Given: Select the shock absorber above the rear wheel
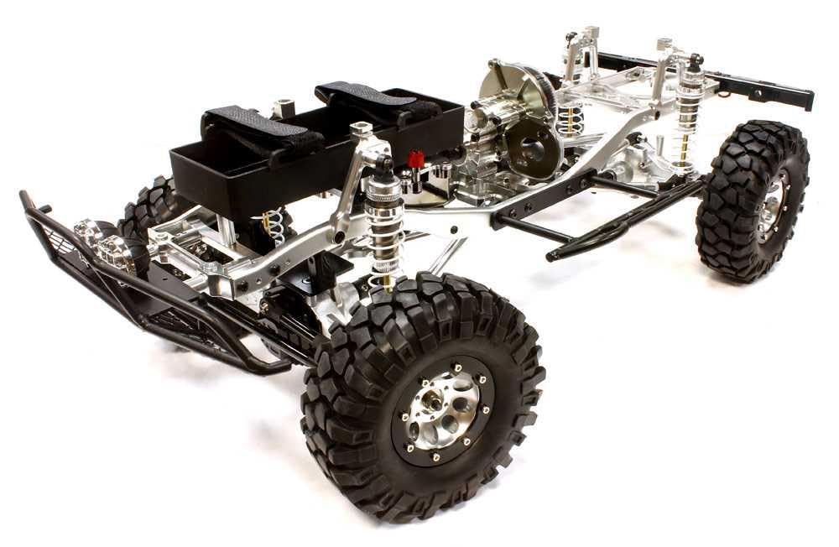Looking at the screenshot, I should (x=690, y=109).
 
